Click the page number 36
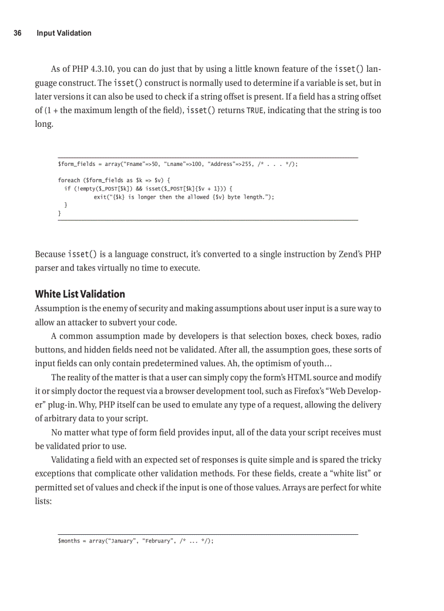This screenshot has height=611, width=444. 17,33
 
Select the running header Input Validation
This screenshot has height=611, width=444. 64,33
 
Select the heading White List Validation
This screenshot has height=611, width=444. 80,294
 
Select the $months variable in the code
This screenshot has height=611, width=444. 69,541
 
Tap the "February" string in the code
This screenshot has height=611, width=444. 156,541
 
